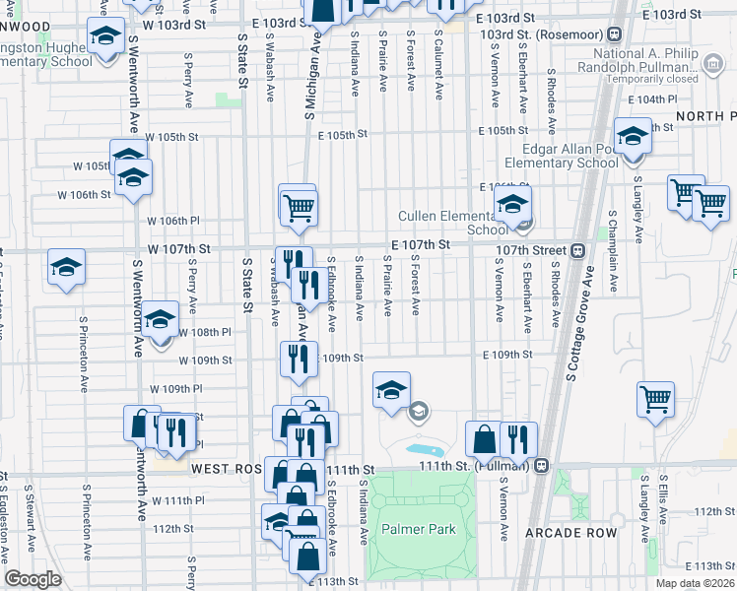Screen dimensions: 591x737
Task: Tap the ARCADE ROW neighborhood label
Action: [570, 533]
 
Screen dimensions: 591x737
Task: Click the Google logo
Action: [33, 579]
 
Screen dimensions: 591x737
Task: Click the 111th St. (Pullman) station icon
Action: [542, 466]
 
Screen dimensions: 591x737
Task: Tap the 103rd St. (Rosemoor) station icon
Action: [613, 33]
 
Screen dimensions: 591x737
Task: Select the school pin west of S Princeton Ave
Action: [66, 267]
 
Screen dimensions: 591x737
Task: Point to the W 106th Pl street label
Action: [173, 221]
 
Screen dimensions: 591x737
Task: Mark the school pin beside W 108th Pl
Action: [160, 319]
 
